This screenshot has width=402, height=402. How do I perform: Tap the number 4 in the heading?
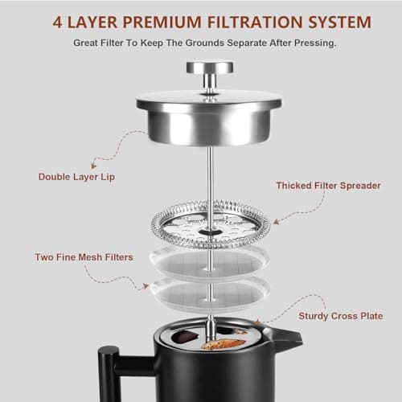tap(59, 21)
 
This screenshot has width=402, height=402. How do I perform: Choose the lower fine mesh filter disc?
tap(211, 290)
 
